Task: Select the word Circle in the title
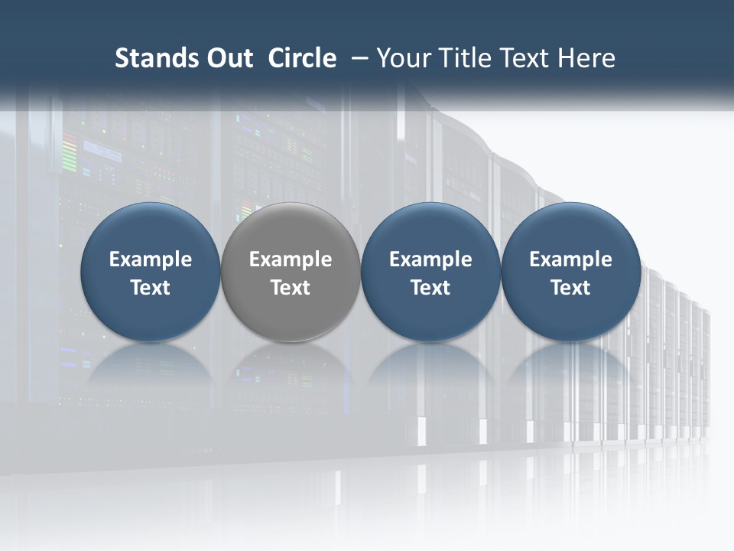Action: click(x=302, y=58)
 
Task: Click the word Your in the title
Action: click(x=402, y=58)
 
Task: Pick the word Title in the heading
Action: click(x=462, y=58)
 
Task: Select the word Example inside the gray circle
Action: click(x=291, y=259)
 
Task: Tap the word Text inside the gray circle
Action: click(x=291, y=288)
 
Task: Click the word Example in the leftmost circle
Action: click(x=151, y=259)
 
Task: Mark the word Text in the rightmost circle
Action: click(x=571, y=288)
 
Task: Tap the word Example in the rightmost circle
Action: click(x=571, y=259)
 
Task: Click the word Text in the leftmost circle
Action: click(x=151, y=288)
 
